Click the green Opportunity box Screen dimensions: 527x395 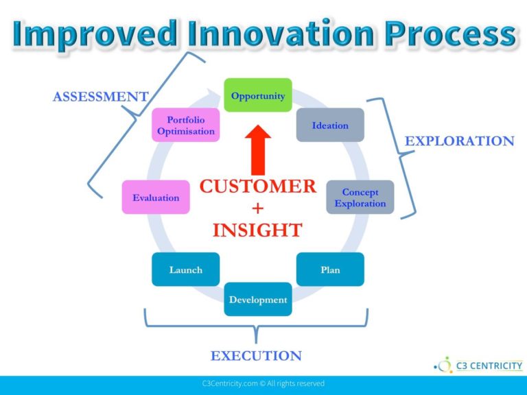pos(258,95)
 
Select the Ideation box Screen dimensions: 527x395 pos(330,125)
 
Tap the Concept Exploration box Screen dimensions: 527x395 pos(360,197)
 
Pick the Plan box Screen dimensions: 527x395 pos(330,270)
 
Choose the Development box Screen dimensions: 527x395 pos(258,299)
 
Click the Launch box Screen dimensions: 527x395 pos(185,270)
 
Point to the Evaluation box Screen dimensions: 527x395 pos(156,197)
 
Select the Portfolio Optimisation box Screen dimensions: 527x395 pos(185,125)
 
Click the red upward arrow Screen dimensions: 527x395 pos(258,150)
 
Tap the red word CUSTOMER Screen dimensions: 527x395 pos(258,187)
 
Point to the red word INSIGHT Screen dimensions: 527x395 pos(258,230)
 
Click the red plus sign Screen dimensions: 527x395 pos(258,208)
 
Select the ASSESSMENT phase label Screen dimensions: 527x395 pos(100,97)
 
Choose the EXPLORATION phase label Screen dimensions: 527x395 pos(460,141)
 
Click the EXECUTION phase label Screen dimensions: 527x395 pos(256,356)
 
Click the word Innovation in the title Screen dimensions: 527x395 pos(281,34)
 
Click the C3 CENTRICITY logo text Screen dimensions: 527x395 pos(489,366)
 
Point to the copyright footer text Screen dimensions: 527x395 pos(263,383)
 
